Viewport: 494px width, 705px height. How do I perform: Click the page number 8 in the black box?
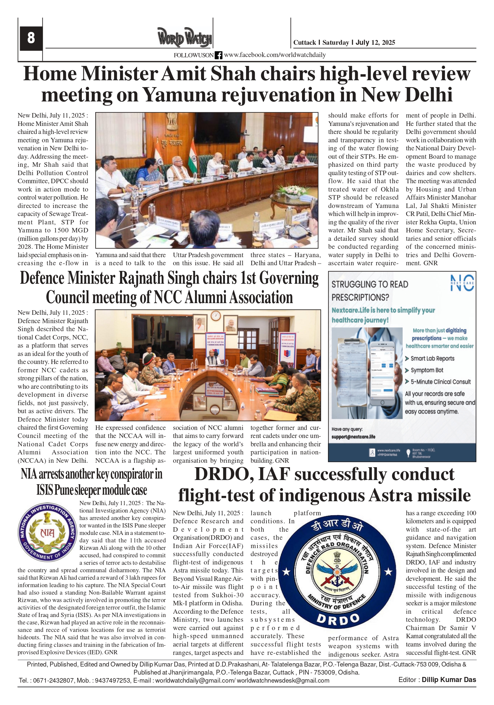coord(31,38)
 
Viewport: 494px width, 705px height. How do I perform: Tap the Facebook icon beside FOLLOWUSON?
coord(218,55)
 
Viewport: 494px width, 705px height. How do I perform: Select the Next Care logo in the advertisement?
coord(462,283)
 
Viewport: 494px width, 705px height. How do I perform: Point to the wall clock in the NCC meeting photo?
coord(216,316)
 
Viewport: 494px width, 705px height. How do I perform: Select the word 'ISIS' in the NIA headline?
coord(44,490)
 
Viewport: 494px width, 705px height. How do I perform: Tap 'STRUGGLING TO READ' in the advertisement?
coord(369,284)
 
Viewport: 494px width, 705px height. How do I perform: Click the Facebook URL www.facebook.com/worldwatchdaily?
coord(274,55)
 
